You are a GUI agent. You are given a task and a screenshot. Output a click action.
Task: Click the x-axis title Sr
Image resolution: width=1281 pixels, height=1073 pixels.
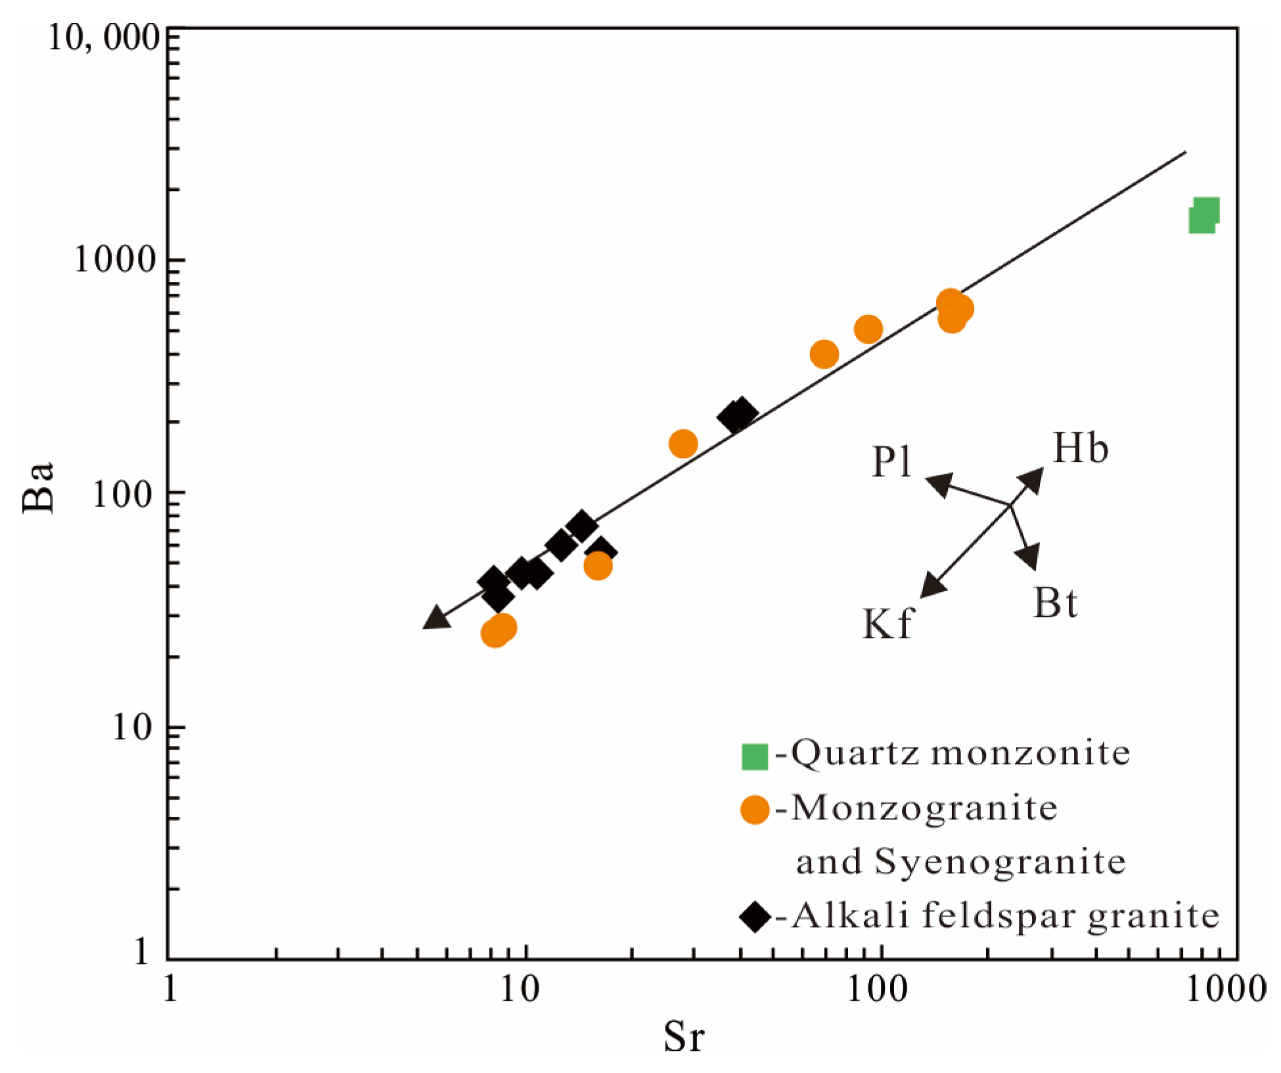pos(683,1036)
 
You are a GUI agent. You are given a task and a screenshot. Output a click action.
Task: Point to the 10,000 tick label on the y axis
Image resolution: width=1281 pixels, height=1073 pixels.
pos(104,39)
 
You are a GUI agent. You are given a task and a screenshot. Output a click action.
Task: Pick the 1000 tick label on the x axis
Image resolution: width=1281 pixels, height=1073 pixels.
pos(1226,988)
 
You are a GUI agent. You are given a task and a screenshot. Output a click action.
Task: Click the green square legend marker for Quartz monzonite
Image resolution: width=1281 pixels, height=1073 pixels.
pos(754,756)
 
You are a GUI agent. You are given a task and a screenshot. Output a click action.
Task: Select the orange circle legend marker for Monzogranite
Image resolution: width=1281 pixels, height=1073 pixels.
pos(754,810)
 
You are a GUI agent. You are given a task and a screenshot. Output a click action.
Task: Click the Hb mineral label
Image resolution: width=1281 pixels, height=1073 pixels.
pos(1081,449)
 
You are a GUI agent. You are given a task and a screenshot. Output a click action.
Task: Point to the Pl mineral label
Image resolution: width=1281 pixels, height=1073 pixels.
pos(891,462)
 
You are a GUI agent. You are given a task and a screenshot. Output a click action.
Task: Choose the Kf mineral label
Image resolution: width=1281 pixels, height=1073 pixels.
pos(886,624)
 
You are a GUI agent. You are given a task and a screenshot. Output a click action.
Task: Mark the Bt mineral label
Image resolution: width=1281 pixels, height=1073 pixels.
pos(1055,602)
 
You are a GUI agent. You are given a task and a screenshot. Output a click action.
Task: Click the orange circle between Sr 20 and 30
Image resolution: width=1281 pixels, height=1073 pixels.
pos(683,444)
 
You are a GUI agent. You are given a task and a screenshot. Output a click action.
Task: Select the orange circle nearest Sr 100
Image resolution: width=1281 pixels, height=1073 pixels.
pos(868,329)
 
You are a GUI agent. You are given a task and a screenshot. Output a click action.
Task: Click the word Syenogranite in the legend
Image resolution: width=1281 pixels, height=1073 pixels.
pos(1000,861)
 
